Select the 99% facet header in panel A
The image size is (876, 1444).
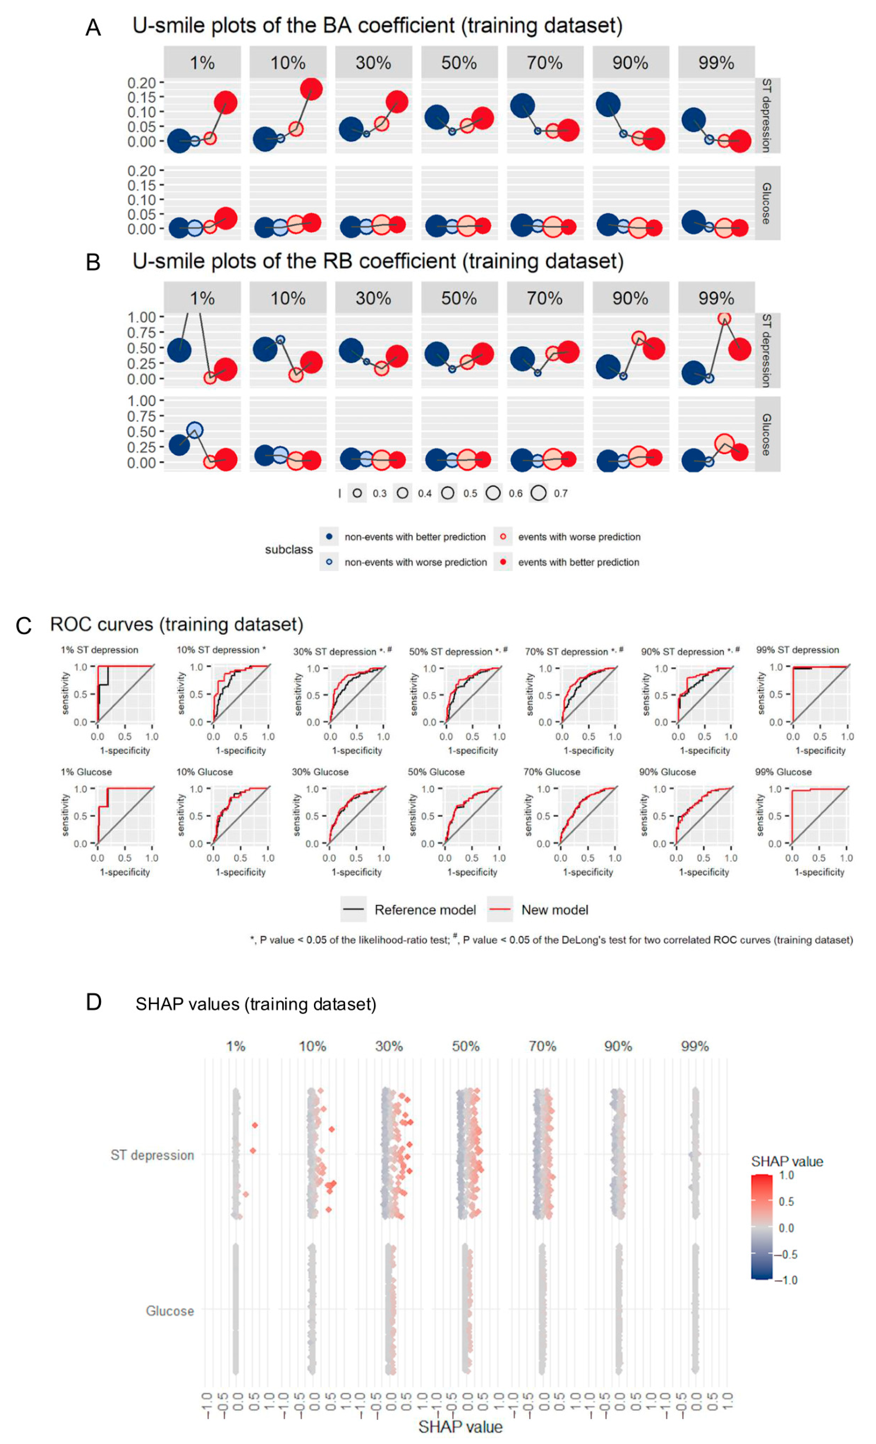(x=715, y=63)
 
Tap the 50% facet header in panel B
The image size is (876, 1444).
(x=459, y=298)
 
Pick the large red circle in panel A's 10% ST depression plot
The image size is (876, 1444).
(x=311, y=89)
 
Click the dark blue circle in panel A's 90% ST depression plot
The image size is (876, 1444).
(x=608, y=104)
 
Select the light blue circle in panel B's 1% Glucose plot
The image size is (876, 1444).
(x=195, y=431)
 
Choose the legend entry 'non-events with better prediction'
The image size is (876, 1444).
(x=415, y=537)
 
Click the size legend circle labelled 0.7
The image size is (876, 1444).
(x=538, y=493)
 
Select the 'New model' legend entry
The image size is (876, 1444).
(x=554, y=910)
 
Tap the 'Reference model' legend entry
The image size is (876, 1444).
(x=425, y=910)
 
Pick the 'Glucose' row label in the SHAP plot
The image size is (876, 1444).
(x=169, y=1310)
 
